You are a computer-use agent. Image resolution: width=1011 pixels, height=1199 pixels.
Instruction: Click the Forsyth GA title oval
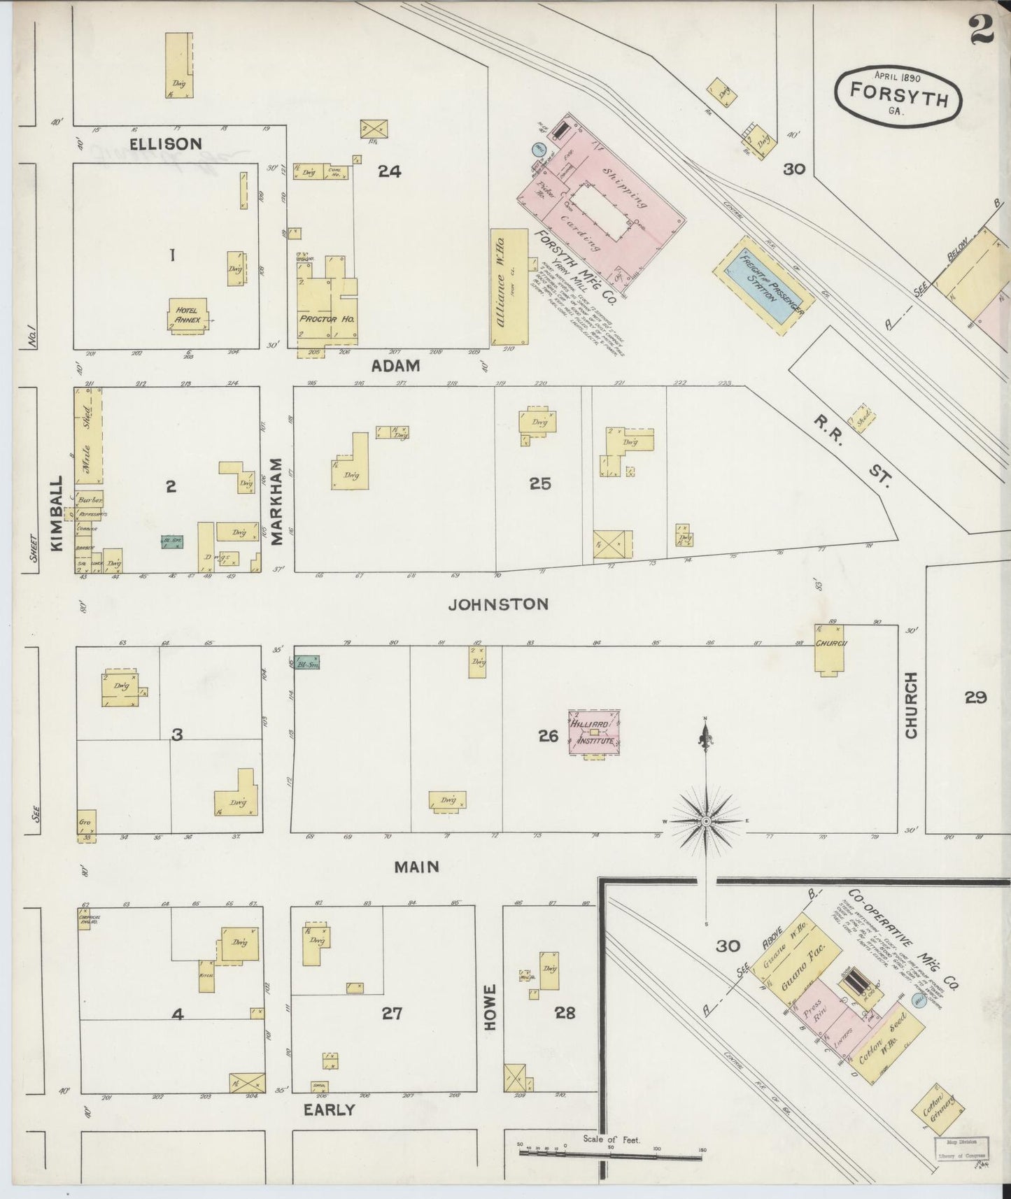(x=898, y=96)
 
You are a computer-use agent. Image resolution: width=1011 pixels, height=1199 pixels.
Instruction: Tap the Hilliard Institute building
(x=594, y=733)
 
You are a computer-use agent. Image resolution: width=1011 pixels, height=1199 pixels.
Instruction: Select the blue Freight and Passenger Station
(x=764, y=286)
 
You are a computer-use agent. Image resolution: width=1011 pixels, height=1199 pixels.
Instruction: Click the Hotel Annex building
(x=188, y=315)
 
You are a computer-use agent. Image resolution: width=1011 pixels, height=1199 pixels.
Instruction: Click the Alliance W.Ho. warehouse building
(x=509, y=286)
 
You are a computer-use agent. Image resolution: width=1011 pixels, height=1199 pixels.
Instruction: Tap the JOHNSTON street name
(x=498, y=604)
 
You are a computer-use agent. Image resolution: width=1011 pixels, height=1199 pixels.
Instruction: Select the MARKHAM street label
(x=277, y=501)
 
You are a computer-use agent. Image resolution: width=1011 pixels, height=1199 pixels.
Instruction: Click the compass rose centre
(x=706, y=821)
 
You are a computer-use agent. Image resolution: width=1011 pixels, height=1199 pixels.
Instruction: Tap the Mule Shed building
(x=88, y=437)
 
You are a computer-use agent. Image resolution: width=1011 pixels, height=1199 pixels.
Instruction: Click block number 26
(x=548, y=736)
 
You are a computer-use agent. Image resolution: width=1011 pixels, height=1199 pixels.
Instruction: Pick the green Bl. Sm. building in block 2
(x=172, y=541)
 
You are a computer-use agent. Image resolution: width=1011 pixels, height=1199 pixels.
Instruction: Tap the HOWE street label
(x=490, y=1007)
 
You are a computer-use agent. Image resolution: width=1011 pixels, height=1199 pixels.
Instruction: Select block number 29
(x=975, y=697)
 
